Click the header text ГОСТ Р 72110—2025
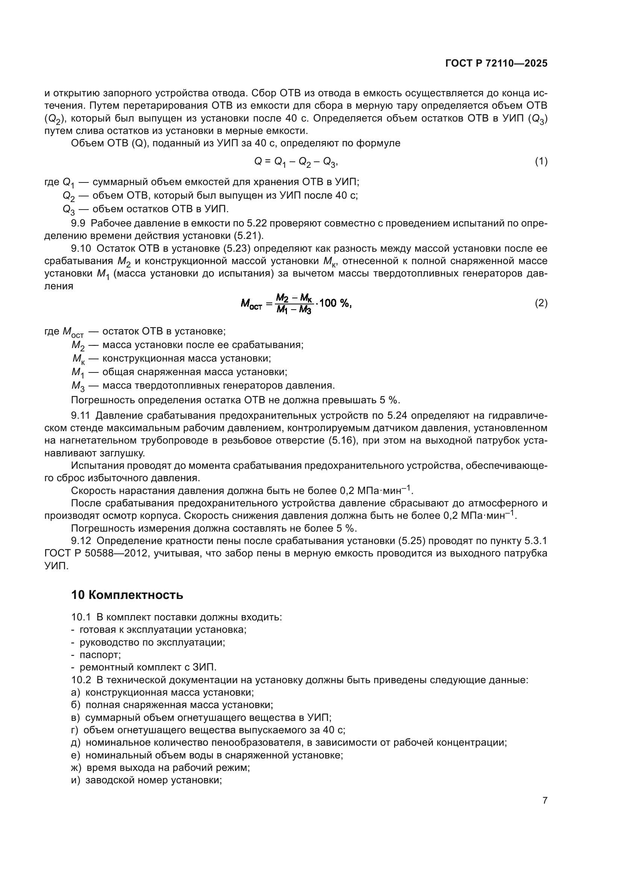tap(496, 64)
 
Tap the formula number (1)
tap(541, 161)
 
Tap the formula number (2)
tap(541, 303)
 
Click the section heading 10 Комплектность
tap(127, 595)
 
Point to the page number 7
tap(545, 800)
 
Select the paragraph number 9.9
tap(78, 223)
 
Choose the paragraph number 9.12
tap(81, 541)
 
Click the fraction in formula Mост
tap(294, 304)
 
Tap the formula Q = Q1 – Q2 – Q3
tap(296, 162)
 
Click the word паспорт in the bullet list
tap(100, 655)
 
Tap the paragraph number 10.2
tap(81, 680)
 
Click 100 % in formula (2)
tap(334, 303)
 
